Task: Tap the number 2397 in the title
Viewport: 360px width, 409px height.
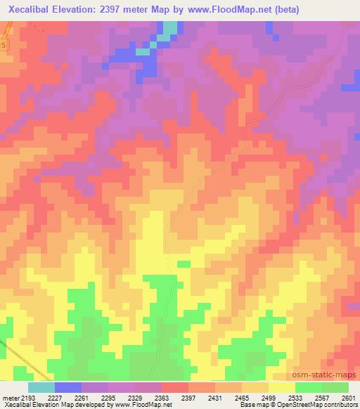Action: [141, 10]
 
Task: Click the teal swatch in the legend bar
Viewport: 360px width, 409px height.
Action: [41, 388]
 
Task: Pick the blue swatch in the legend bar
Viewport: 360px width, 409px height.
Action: [68, 388]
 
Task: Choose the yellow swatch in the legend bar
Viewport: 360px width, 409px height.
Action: [281, 388]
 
